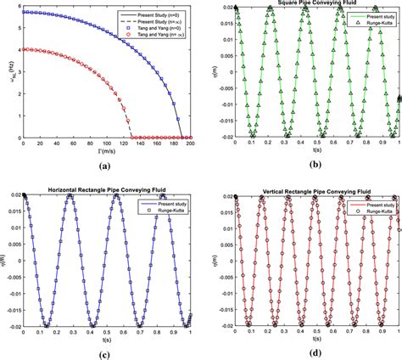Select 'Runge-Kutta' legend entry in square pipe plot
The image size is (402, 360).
pos(377,23)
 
